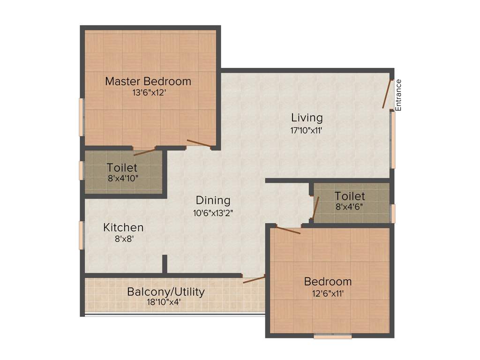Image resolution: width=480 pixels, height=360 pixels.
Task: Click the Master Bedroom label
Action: pos(148,81)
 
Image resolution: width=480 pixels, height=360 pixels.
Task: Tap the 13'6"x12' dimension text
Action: pos(148,93)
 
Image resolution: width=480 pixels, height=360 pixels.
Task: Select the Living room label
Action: pos(307,117)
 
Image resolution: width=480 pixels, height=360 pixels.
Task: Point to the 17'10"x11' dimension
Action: pos(307,130)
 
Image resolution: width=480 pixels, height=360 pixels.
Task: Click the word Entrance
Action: pos(398,95)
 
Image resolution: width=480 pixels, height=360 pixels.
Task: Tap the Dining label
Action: pos(213,200)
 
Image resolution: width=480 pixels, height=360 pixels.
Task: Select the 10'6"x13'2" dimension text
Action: pos(213,212)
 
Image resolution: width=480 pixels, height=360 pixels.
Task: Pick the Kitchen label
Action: pos(123,227)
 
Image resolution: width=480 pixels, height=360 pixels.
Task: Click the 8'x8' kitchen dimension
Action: pos(123,239)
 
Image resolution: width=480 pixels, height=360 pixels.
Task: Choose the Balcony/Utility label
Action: pos(166,292)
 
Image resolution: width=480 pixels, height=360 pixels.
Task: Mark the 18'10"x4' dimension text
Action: pos(166,302)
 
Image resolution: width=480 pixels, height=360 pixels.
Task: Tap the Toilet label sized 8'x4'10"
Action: pos(122,167)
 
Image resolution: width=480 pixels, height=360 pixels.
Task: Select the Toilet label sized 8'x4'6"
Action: pos(350,195)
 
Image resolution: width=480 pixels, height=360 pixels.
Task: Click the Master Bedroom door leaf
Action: pos(199,143)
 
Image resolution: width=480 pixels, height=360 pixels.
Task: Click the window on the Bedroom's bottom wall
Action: pos(332,336)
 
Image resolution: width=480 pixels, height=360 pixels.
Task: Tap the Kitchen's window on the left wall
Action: pos(81,235)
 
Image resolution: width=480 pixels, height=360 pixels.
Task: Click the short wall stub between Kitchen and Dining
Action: pos(165,264)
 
